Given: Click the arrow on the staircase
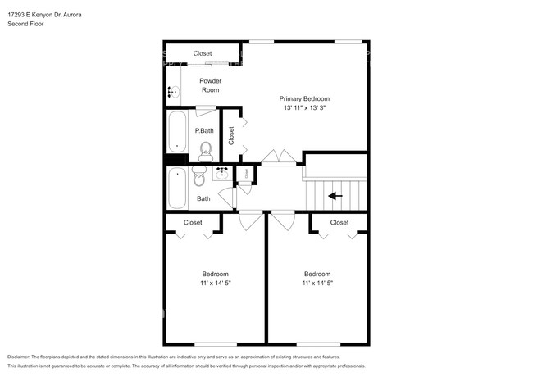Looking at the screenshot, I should (x=334, y=196).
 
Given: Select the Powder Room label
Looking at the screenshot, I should (x=211, y=85).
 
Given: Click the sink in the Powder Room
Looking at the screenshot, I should (x=173, y=92).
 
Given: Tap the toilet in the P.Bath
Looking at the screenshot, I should (x=205, y=149).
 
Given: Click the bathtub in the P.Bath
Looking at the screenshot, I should (x=176, y=132).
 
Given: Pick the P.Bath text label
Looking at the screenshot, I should (x=204, y=131).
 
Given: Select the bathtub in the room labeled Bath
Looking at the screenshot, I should (x=176, y=188).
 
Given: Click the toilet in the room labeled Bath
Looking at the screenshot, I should (x=198, y=177).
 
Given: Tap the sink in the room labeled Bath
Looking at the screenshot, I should (x=222, y=173).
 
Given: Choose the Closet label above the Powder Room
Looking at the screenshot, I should (x=203, y=53).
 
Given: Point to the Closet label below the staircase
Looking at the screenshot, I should (x=339, y=222).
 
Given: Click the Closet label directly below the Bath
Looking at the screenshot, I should (x=193, y=222).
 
